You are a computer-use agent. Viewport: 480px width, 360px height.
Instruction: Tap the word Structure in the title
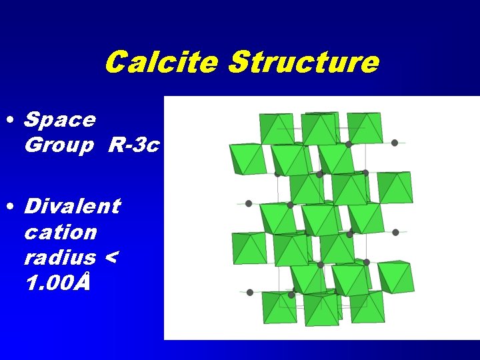coord(303,63)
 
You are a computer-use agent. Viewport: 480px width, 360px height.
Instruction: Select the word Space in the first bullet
coord(59,120)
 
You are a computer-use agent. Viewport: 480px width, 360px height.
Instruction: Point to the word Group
coord(59,145)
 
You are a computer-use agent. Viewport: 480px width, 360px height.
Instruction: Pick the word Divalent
coord(72,206)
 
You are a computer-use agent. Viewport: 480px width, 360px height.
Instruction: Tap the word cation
coord(60,232)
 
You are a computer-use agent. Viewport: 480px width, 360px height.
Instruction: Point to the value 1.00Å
coord(56,283)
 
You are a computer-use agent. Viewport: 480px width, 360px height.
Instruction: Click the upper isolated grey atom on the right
coord(395,143)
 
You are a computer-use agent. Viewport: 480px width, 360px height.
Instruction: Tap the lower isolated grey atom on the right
coord(395,232)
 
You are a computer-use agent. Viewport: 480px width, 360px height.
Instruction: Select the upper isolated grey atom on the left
coord(249,203)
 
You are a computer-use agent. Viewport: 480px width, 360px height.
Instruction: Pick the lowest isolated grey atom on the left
coord(249,292)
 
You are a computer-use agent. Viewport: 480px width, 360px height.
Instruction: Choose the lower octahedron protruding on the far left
coord(248,247)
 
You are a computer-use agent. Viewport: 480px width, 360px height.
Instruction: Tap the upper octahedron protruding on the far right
coord(395,188)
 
